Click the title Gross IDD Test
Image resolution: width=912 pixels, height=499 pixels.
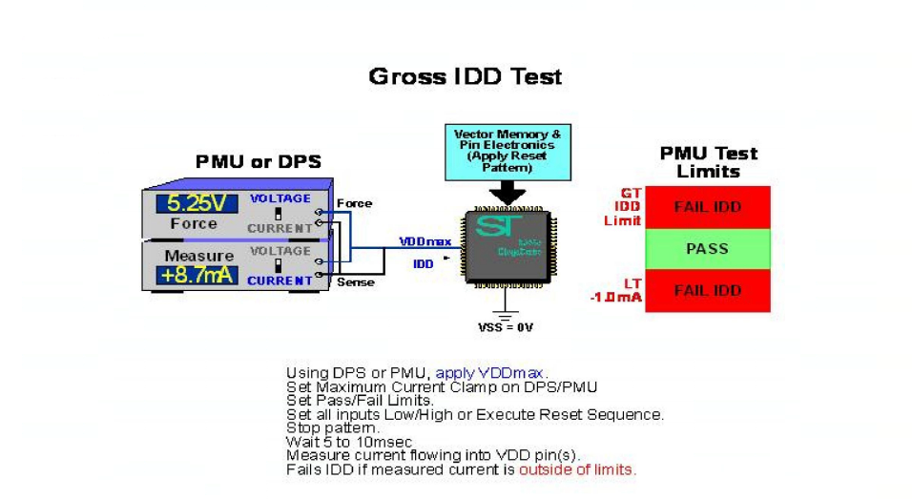(465, 76)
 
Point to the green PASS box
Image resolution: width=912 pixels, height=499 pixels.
(707, 249)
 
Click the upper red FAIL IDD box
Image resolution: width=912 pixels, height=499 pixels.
(707, 207)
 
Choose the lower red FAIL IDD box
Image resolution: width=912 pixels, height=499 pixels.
(707, 290)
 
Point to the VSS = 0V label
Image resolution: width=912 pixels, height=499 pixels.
(506, 327)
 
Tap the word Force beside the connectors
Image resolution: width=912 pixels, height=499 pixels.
(355, 203)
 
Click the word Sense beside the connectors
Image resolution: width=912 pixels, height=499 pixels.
(356, 282)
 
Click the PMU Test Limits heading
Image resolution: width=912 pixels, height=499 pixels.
(708, 162)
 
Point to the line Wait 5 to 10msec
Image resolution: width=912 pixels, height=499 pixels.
(337, 442)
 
